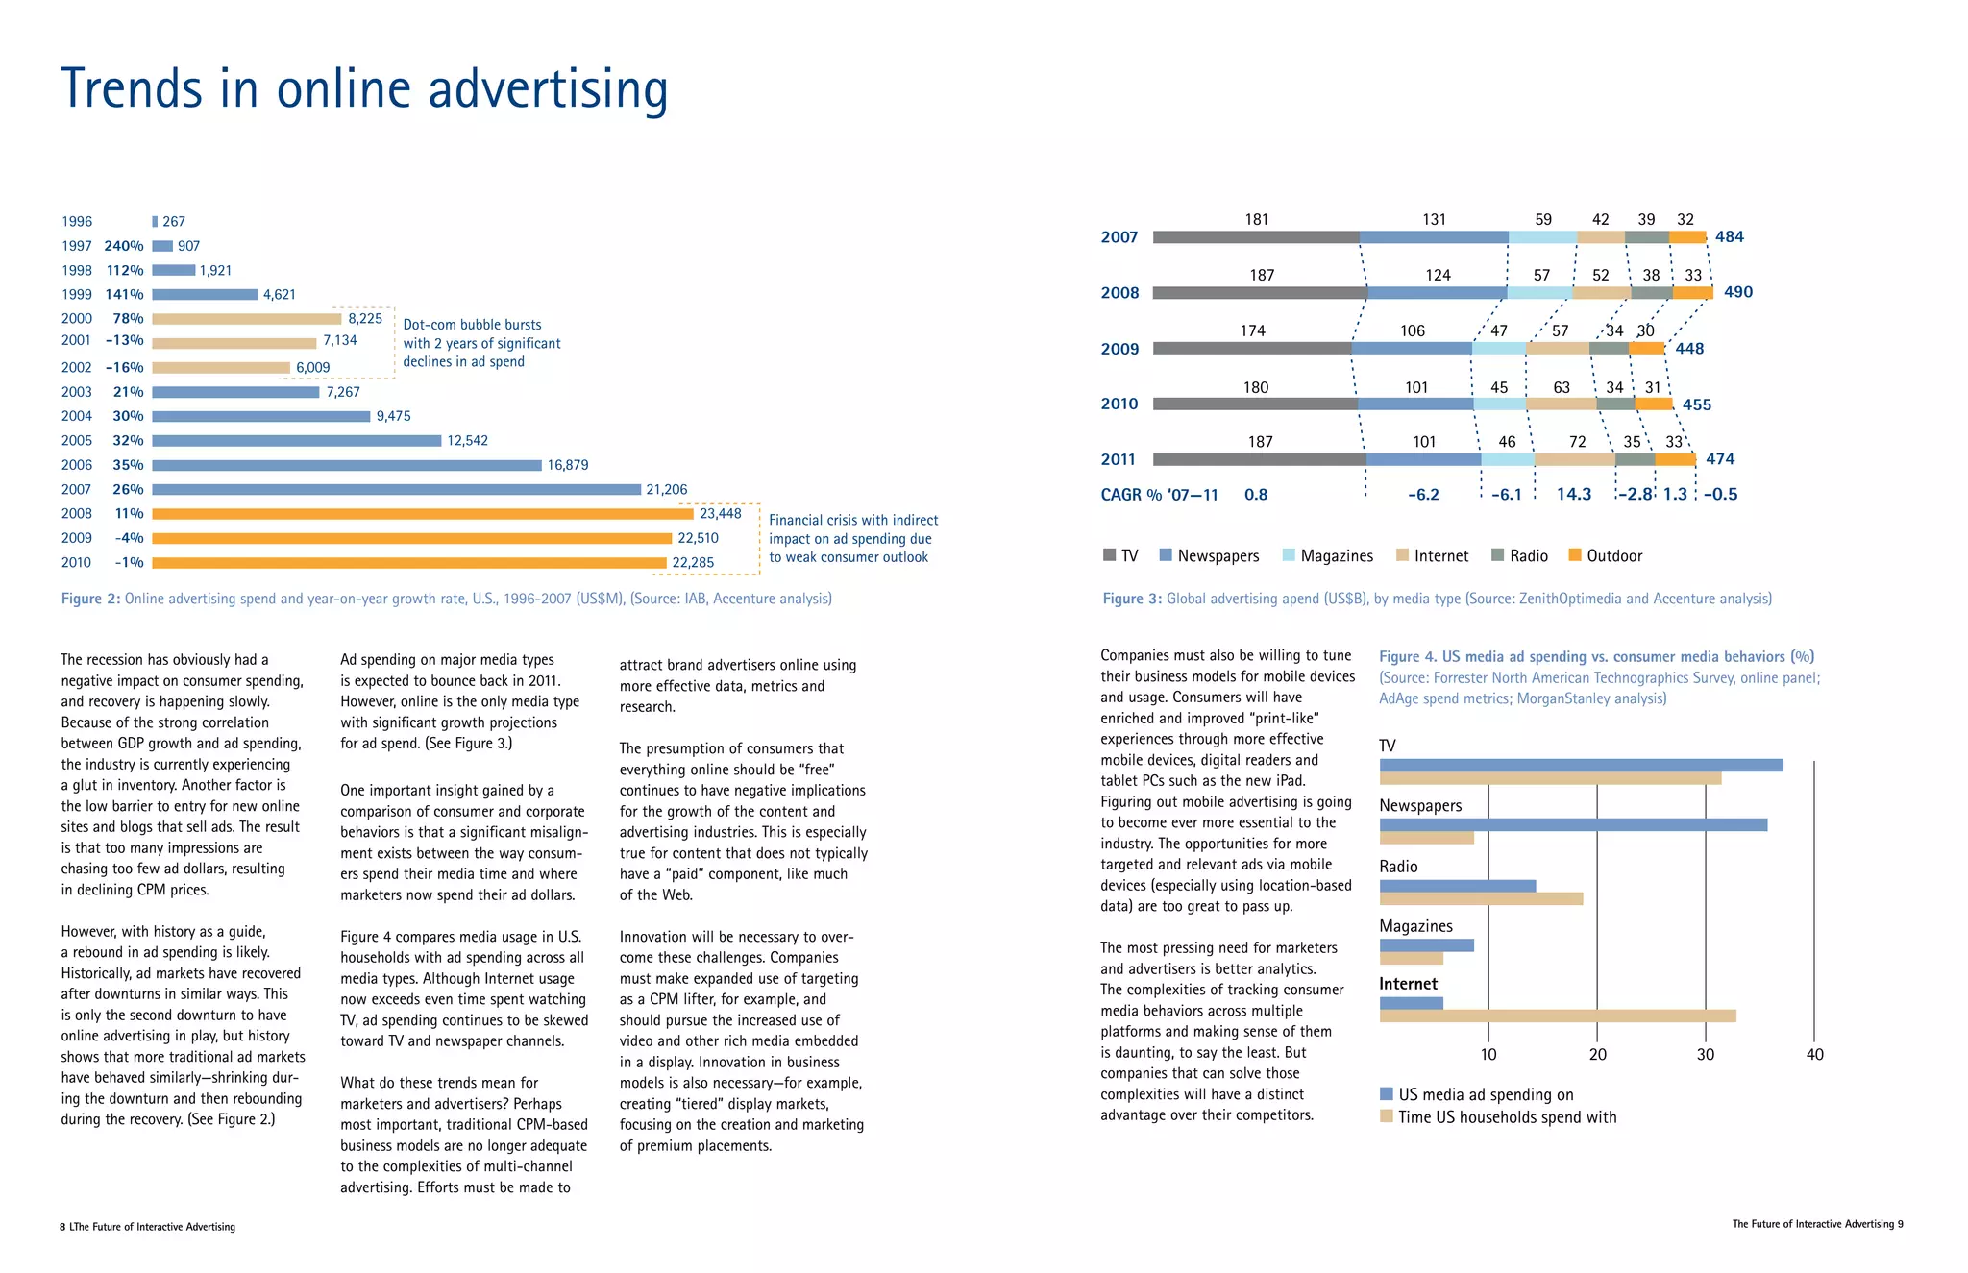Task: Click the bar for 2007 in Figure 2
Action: coord(396,490)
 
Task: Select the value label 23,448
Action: coord(720,514)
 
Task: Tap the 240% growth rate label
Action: coord(124,246)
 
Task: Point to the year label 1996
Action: coord(77,222)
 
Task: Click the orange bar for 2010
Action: coord(408,563)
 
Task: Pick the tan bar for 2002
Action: coord(221,368)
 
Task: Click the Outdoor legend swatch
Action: coord(1574,555)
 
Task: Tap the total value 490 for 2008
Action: coord(1738,292)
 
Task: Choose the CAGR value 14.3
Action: coord(1574,495)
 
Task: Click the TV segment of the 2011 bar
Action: coord(1259,460)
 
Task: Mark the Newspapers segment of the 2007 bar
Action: coord(1434,237)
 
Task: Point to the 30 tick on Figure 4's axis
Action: coord(1706,1055)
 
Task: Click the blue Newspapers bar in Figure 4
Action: coord(1573,825)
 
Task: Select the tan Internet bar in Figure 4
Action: coord(1558,1016)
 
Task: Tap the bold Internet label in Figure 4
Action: coord(1408,985)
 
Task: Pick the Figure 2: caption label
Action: coord(91,600)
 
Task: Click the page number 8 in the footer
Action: coord(62,1227)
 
